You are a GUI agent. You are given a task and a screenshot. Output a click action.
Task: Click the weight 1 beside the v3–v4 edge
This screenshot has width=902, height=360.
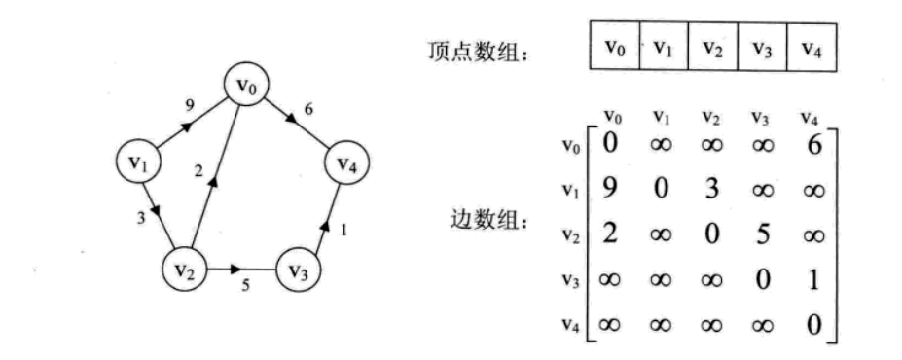coord(343,232)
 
